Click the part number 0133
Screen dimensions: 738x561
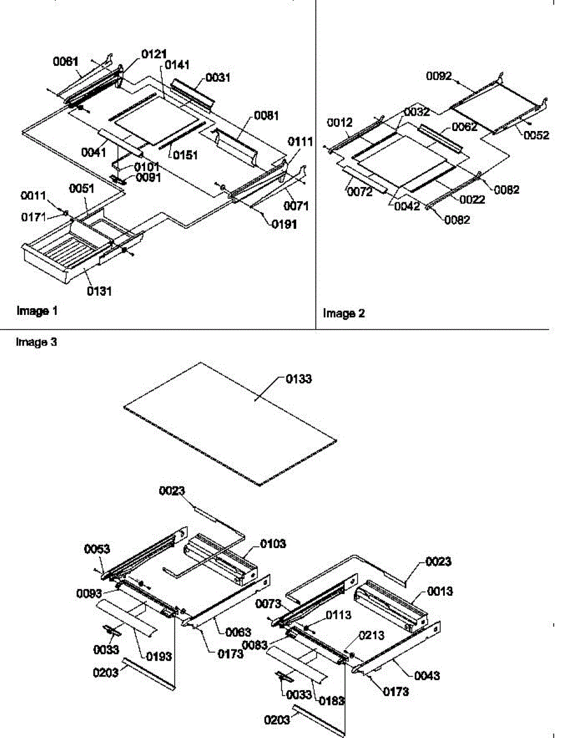(299, 379)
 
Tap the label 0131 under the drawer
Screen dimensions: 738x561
(99, 291)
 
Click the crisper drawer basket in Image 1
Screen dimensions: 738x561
(68, 252)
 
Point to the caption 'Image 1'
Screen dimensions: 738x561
(37, 311)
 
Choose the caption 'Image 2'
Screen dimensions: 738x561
(344, 314)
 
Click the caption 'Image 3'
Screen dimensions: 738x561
(37, 343)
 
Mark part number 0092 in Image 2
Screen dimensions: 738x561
(439, 76)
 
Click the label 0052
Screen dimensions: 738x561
(536, 136)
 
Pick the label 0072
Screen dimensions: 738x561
(359, 193)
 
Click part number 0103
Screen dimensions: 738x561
(273, 544)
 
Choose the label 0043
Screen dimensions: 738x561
(427, 676)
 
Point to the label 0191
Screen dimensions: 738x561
(284, 224)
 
